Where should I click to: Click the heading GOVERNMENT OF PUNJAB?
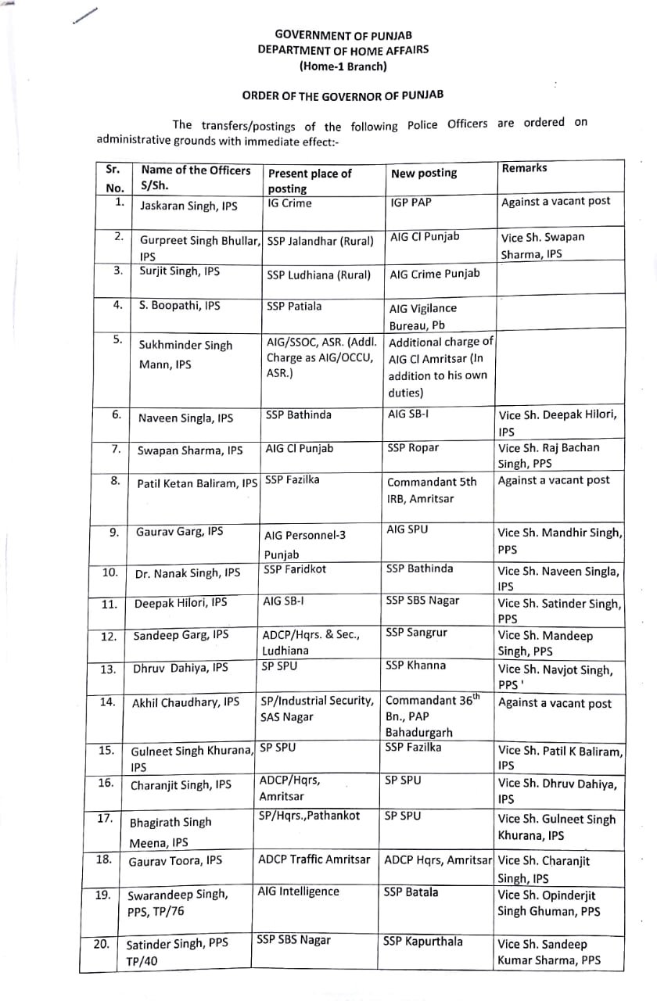coord(343,35)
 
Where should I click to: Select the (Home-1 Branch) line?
coord(343,66)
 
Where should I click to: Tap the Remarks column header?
coord(524,168)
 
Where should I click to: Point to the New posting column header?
coord(423,173)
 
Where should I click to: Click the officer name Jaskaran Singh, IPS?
coord(188,206)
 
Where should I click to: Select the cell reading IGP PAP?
coord(411,202)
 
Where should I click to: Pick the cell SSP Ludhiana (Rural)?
coord(318,274)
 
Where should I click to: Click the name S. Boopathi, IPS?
coord(180,306)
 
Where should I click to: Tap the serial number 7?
coord(115,449)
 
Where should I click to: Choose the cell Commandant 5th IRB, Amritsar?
coord(432,490)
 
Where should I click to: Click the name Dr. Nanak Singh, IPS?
coord(187,573)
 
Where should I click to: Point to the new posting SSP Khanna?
coord(416,666)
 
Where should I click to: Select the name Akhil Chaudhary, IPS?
coord(185,703)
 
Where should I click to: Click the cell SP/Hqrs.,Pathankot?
coord(309,816)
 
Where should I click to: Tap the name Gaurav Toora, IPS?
coord(175,861)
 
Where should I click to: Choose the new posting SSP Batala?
coord(411,892)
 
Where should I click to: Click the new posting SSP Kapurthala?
coord(423,941)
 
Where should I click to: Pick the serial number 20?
coord(102,944)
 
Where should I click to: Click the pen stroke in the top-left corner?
coord(85,16)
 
